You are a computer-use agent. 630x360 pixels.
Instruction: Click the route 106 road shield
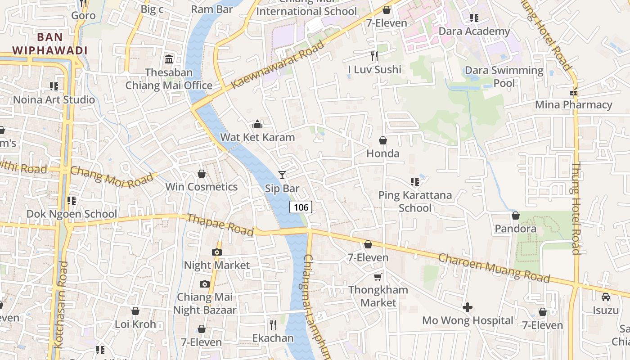300,207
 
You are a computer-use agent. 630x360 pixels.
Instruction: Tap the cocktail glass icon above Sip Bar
282,175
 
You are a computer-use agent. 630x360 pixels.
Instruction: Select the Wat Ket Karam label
257,137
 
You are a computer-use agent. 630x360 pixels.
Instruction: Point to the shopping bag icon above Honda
383,140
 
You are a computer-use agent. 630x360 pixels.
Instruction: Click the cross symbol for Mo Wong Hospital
468,307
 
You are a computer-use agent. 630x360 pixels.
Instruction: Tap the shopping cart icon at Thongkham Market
378,277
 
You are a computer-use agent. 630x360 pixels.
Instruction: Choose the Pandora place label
515,229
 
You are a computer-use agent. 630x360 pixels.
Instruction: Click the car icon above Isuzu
606,297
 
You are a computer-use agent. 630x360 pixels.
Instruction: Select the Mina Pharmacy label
573,105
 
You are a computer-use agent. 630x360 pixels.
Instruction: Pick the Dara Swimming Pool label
504,76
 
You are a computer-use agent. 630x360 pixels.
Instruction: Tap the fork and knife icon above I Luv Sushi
374,56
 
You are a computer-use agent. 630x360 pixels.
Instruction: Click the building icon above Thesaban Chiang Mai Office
169,59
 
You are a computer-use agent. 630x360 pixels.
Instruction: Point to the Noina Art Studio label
54,99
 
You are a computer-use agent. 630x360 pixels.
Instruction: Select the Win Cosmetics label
201,187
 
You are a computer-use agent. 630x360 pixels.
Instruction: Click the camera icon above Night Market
217,252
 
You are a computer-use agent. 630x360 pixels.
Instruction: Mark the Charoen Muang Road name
494,268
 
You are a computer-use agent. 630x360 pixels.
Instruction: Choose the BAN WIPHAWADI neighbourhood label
49,44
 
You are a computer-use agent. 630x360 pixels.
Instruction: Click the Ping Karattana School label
415,201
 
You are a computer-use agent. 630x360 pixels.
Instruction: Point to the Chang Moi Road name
112,178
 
